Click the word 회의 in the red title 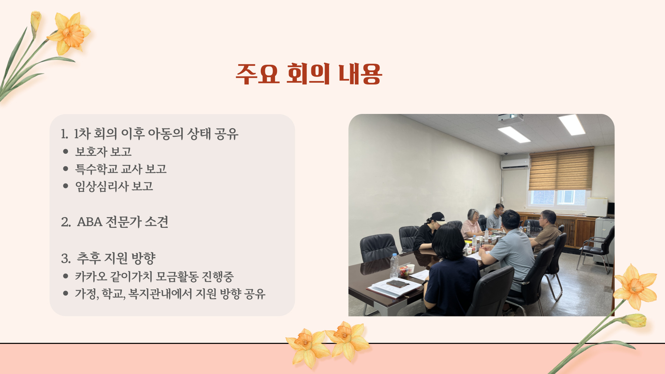(x=308, y=74)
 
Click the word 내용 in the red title (x=360, y=74)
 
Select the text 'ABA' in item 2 (x=90, y=222)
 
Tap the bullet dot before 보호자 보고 (x=66, y=151)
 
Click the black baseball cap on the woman (x=438, y=217)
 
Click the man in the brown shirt (x=546, y=230)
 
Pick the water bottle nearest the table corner (x=394, y=266)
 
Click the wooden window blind (x=561, y=169)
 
